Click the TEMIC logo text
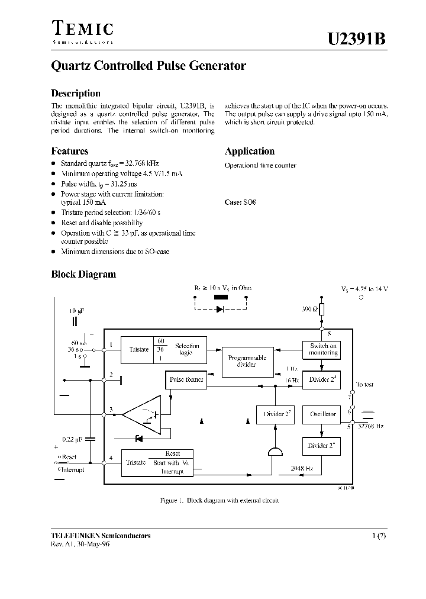pos(82,28)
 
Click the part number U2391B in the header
pos(357,39)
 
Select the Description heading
pos(76,94)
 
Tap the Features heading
pos(70,151)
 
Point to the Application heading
pos(250,151)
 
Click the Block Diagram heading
pos(83,274)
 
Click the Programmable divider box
pos(247,361)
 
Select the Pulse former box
pos(186,379)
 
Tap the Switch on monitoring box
pos(323,349)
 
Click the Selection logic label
pos(187,349)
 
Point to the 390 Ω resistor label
pos(309,310)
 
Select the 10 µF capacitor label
pos(76,310)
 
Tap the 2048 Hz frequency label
pos(302,467)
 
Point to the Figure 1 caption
pos(219,500)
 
